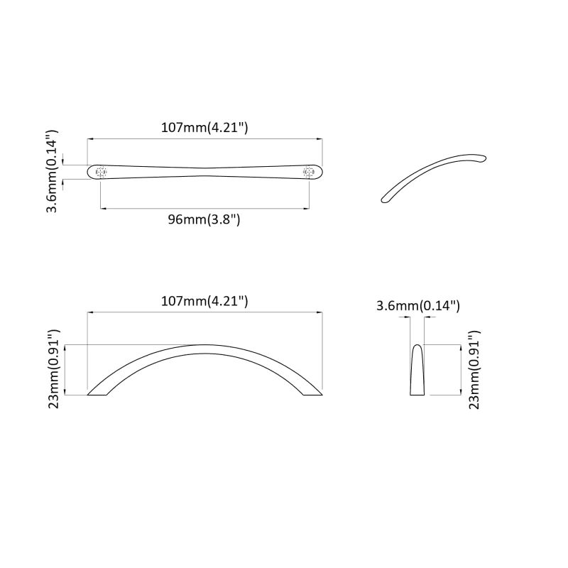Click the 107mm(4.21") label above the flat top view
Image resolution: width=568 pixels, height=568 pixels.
point(204,129)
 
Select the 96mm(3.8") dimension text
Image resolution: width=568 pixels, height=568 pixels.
point(204,219)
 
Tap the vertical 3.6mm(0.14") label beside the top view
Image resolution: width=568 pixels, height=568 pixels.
point(51,171)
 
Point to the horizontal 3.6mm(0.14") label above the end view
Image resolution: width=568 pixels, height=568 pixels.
point(418,306)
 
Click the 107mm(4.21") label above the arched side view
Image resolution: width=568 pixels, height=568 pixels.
point(204,301)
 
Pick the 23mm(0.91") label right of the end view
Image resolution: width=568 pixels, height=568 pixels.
point(474,369)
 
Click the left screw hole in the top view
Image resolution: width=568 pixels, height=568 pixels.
point(101,172)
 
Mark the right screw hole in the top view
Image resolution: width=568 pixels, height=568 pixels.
point(308,172)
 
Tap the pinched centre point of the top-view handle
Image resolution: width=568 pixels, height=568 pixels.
point(204,170)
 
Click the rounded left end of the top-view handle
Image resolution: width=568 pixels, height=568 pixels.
point(90,172)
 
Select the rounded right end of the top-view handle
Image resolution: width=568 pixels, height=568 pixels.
point(319,172)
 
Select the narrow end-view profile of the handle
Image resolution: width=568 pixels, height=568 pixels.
point(417,371)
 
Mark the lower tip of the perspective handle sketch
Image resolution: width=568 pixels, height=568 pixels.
point(386,198)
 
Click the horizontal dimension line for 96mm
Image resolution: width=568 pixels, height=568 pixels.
point(204,209)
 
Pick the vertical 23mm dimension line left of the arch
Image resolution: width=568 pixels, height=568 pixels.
point(65,369)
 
